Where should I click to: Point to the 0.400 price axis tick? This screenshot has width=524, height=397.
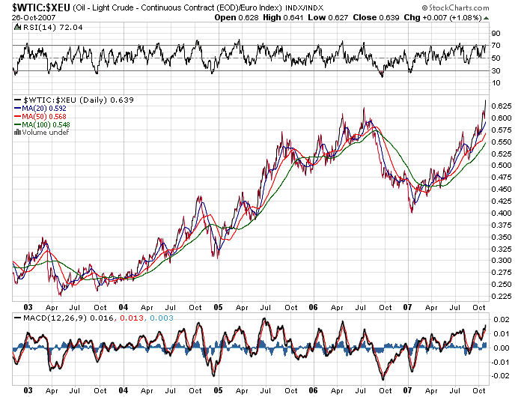(x=502, y=212)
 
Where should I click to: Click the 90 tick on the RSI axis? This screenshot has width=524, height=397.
(x=496, y=34)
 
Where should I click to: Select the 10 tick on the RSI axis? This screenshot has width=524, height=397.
(x=496, y=82)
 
